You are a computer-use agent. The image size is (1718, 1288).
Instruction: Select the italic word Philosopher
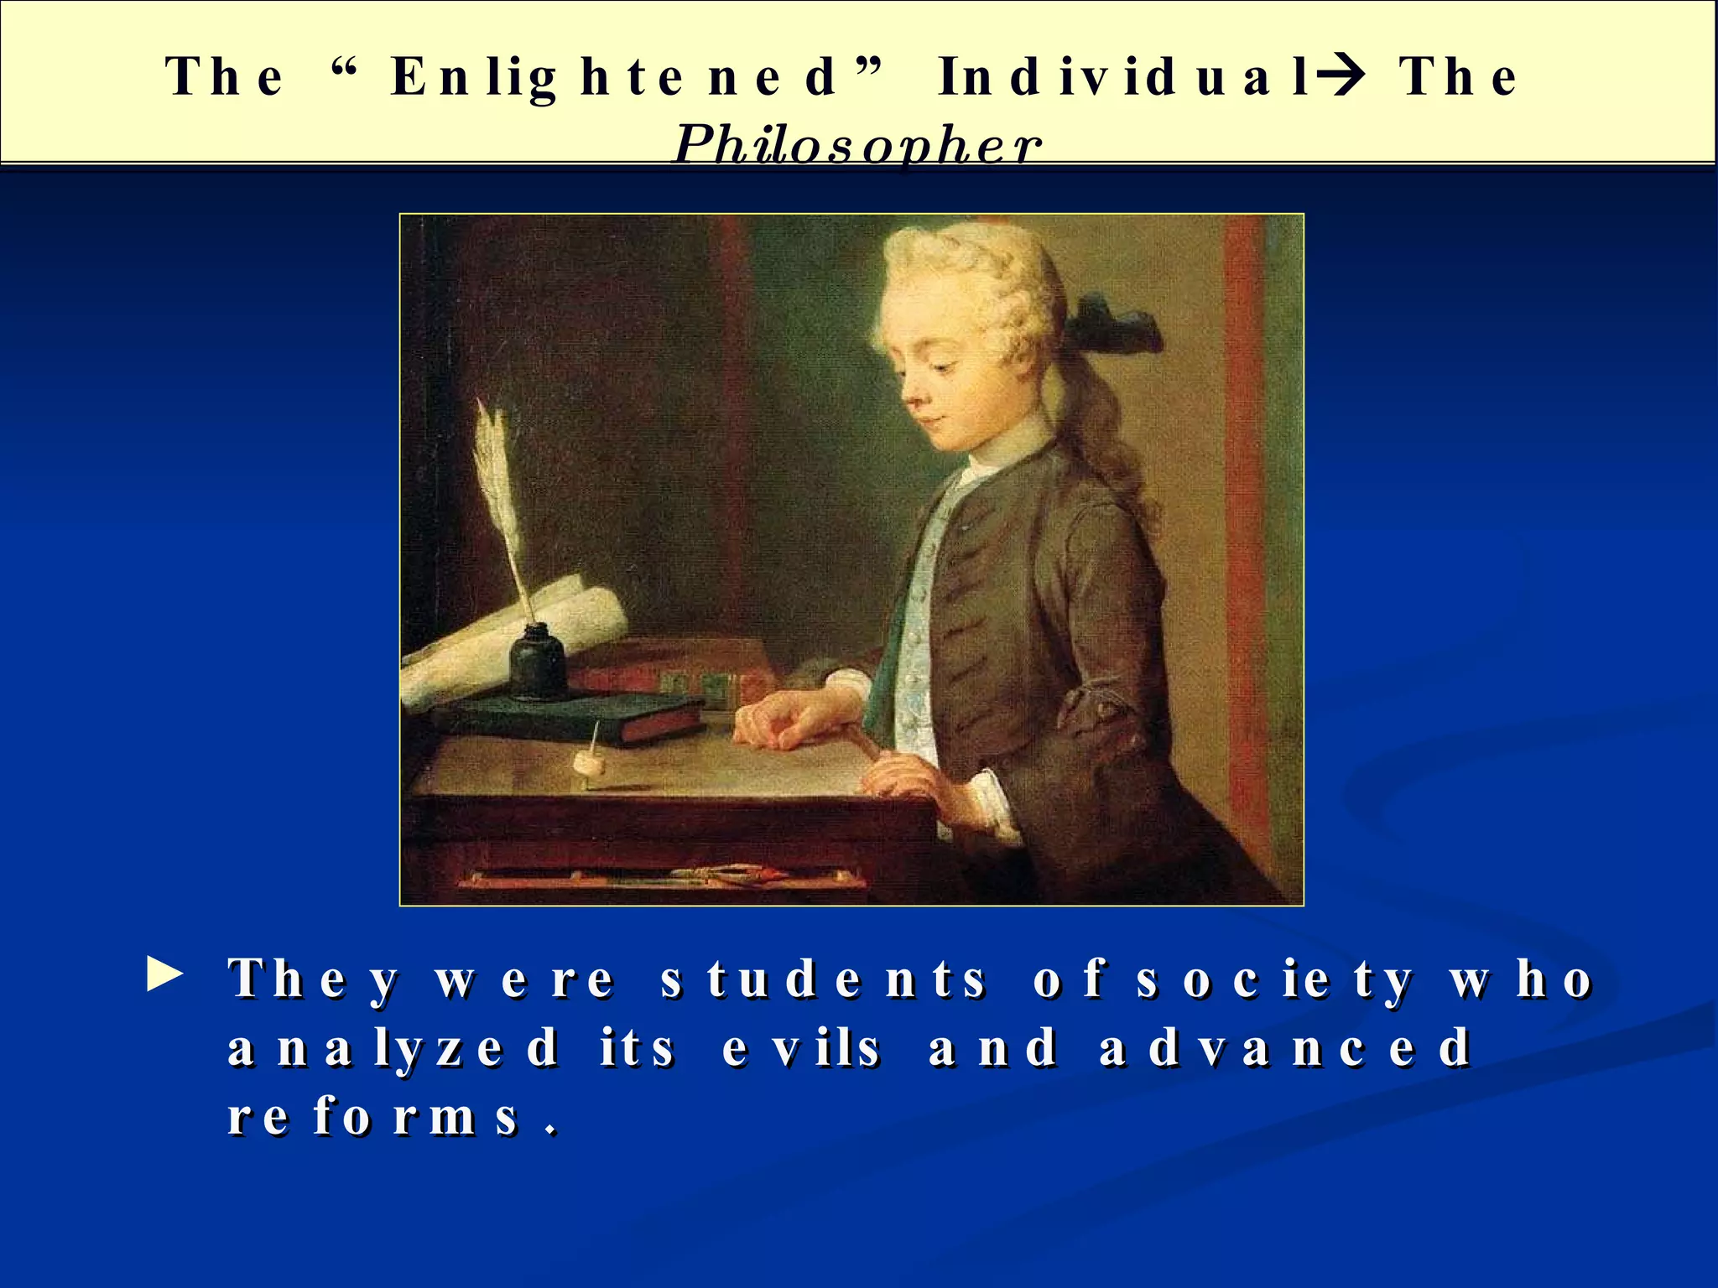(x=857, y=144)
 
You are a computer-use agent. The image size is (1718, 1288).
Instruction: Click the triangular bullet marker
(x=164, y=976)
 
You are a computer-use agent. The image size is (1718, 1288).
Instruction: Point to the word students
(x=823, y=979)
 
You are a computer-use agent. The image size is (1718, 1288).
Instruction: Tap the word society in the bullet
(x=1275, y=979)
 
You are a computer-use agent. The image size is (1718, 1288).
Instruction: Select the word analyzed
(x=393, y=1048)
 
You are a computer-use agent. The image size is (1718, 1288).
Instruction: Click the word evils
(x=801, y=1048)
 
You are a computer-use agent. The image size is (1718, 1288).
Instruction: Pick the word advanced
(x=1285, y=1048)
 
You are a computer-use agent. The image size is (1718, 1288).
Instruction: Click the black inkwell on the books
(x=538, y=662)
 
